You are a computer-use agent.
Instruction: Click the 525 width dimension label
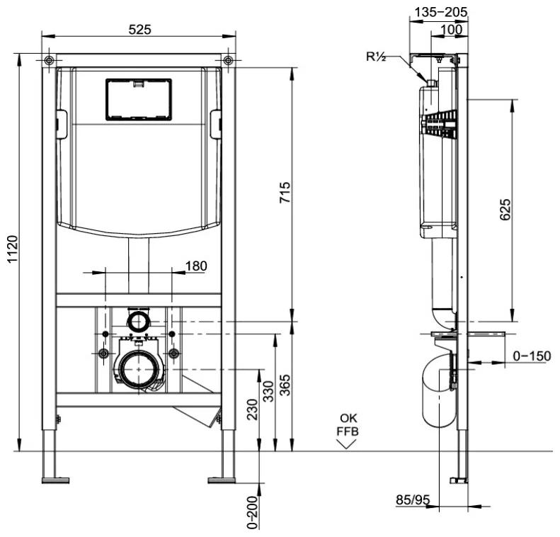pos(138,29)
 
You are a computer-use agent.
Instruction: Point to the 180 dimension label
pos(195,266)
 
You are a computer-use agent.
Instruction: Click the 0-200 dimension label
pos(253,510)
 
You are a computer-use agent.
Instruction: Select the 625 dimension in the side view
pos(505,211)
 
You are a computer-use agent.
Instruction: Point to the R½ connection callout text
pos(377,57)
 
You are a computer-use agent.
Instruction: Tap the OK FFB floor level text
pos(348,423)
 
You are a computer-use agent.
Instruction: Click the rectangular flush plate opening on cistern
pos(138,98)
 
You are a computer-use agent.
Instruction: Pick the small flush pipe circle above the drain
pos(137,321)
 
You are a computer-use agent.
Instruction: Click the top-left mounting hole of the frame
pos(48,60)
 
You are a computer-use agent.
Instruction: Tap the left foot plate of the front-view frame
pos(55,480)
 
